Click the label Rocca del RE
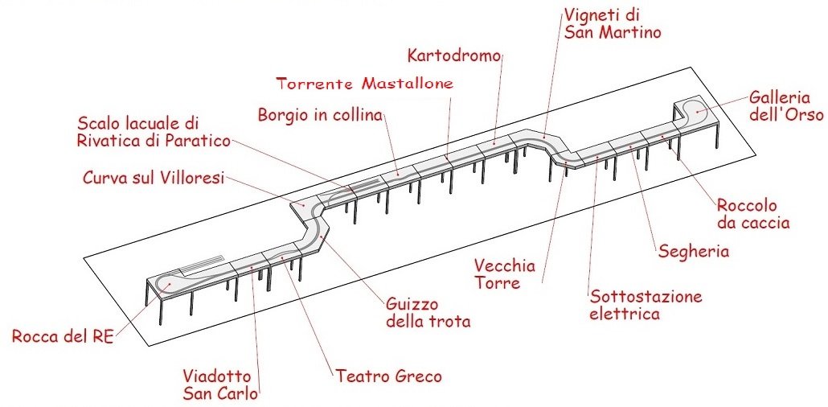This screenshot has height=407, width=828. tap(63, 335)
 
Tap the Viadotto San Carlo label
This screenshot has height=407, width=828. tap(217, 384)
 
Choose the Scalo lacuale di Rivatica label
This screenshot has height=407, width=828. tap(154, 132)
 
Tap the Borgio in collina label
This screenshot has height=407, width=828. tap(320, 114)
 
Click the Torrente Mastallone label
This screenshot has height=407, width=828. tap(364, 83)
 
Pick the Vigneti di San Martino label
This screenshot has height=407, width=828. tap(613, 23)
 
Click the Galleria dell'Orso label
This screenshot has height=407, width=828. tap(786, 105)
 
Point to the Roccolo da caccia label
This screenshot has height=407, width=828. tap(753, 214)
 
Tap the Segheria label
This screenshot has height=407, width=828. tap(694, 251)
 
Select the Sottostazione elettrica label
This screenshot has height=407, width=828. tap(646, 305)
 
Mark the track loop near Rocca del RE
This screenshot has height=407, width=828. tap(171, 283)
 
